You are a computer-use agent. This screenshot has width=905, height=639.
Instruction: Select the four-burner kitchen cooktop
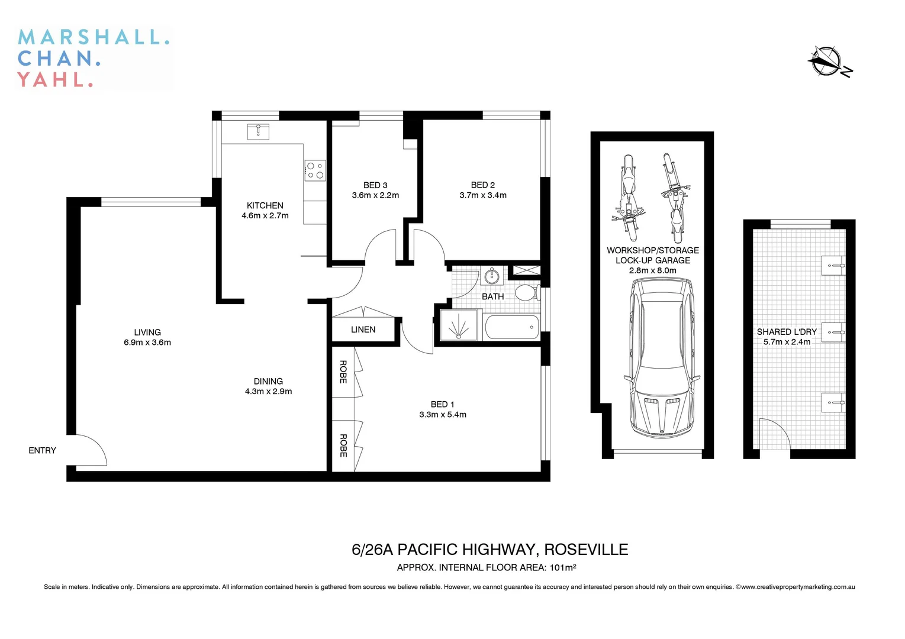(x=315, y=170)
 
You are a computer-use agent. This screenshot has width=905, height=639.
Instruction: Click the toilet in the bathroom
(x=526, y=292)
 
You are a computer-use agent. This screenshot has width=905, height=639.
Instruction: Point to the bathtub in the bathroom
(x=512, y=327)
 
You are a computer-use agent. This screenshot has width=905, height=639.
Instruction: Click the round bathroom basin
(x=491, y=275)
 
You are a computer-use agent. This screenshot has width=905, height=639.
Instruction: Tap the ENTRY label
(x=42, y=451)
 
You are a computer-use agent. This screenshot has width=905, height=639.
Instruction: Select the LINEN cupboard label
(x=363, y=330)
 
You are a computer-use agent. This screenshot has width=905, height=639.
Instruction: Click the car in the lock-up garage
(x=661, y=357)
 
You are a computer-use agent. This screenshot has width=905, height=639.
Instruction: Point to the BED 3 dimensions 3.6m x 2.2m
(x=375, y=195)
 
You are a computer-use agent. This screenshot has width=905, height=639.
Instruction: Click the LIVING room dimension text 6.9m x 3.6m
(x=147, y=343)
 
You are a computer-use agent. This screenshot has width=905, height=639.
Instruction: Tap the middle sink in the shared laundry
(x=834, y=333)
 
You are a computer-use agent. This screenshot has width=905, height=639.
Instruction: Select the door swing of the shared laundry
(x=774, y=434)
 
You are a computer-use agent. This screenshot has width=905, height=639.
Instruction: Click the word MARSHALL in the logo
(x=94, y=37)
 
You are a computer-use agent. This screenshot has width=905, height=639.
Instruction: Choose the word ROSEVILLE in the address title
(x=586, y=550)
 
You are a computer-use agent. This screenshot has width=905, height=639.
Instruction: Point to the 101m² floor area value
(x=563, y=568)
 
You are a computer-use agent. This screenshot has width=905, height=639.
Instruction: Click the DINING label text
(x=268, y=382)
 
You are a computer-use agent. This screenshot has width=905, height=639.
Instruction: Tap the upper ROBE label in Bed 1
(x=343, y=372)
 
